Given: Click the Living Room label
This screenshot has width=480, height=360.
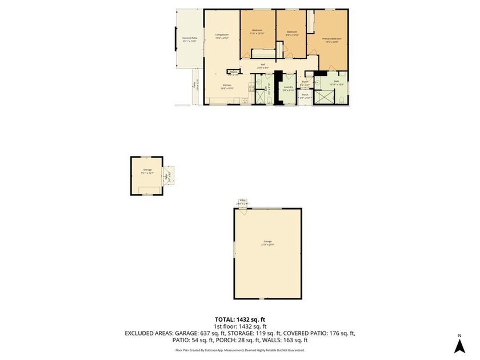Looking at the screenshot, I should [x=222, y=35].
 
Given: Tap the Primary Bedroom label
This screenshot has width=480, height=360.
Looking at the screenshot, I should [x=332, y=39].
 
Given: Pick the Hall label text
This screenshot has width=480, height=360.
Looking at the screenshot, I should [x=263, y=65].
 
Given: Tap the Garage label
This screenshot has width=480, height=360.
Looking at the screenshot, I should [x=268, y=242].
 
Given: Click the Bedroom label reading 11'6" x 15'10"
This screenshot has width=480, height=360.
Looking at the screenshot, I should [x=257, y=31].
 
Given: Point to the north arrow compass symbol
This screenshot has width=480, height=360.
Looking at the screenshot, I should [x=459, y=345].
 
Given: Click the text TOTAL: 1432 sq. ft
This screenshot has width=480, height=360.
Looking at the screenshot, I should [x=240, y=319].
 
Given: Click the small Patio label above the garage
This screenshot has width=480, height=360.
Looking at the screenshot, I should [x=243, y=201].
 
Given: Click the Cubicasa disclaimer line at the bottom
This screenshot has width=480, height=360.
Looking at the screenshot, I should [x=240, y=350].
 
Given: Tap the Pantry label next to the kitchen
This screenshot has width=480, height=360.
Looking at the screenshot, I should [x=233, y=72].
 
